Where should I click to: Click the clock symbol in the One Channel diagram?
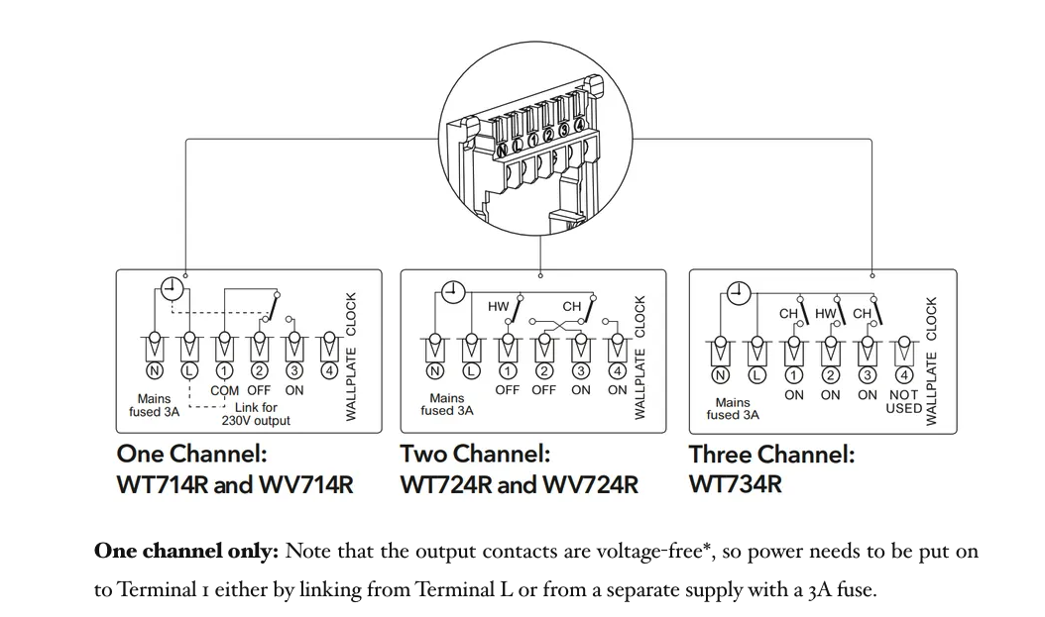[x=173, y=287]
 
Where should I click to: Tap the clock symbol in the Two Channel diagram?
[x=453, y=291]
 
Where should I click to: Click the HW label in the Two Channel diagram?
[x=498, y=307]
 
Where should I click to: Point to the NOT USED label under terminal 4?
[x=903, y=401]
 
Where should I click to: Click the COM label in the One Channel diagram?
[x=225, y=390]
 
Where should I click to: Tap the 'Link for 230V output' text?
[x=256, y=414]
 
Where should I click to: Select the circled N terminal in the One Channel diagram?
[x=154, y=371]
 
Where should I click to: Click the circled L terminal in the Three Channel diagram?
[x=757, y=375]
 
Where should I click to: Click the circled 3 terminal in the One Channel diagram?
[x=294, y=371]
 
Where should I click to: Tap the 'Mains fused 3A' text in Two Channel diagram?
[x=447, y=404]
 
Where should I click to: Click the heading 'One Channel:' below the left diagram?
[x=191, y=455]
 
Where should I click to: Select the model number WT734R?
[x=735, y=484]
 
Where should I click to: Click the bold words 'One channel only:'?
[x=185, y=552]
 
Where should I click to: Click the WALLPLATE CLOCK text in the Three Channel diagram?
[x=931, y=360]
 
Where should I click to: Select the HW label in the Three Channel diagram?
[x=825, y=313]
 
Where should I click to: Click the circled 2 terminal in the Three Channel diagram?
[x=831, y=375]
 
